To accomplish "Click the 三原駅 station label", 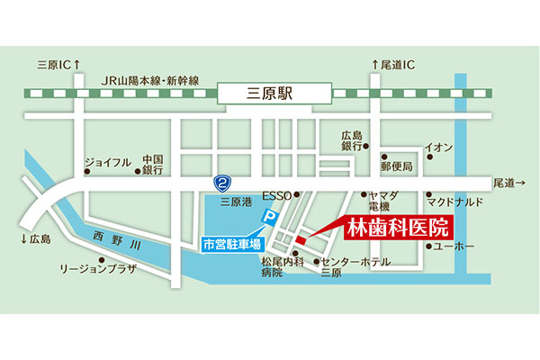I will click(x=276, y=92).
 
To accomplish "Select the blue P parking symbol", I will click(x=266, y=217).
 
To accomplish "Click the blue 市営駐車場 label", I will click(x=231, y=244).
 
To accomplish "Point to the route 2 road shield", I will click(x=221, y=183).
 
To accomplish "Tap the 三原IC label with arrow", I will click(x=58, y=65).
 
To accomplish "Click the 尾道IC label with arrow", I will click(x=396, y=65).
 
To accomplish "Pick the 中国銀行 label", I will click(x=152, y=163).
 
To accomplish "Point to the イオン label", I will click(x=437, y=146).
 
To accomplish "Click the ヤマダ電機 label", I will click(x=376, y=200).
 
